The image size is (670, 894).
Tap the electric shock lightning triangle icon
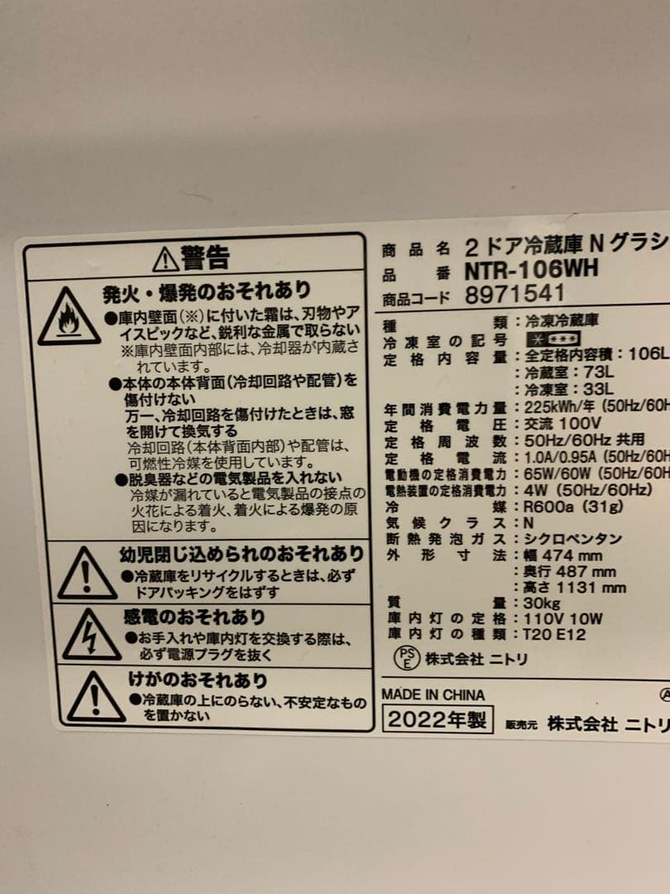(x=91, y=636)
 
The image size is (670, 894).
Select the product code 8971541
(x=514, y=294)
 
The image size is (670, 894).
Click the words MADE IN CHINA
(x=433, y=695)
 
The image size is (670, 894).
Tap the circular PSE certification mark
(x=405, y=658)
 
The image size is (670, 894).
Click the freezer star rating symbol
(x=553, y=339)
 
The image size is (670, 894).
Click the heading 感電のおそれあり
(x=195, y=617)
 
